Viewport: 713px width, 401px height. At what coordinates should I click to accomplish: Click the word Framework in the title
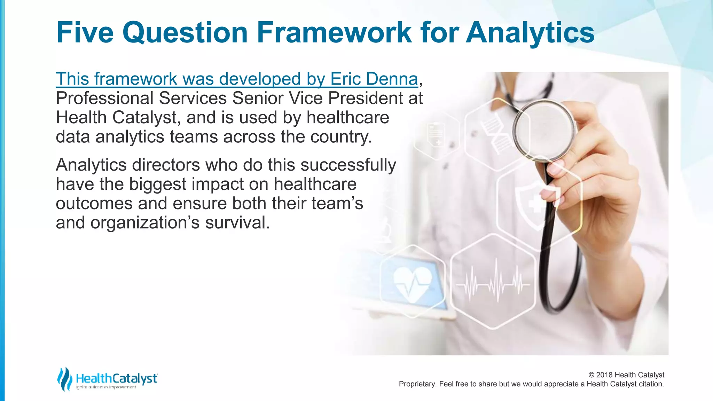(x=334, y=32)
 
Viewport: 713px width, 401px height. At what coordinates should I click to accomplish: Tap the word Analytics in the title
(x=530, y=32)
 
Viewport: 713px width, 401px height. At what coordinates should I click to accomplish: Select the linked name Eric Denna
(x=374, y=79)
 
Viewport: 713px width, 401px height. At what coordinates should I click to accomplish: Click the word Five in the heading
(x=85, y=32)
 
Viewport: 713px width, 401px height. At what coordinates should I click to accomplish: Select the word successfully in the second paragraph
(x=348, y=165)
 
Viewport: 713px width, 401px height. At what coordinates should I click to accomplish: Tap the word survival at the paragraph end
(x=237, y=223)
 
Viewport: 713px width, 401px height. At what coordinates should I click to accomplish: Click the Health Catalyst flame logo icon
(x=65, y=379)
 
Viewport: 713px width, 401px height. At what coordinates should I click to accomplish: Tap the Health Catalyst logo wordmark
(x=117, y=378)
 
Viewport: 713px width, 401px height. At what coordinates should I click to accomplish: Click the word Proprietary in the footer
(x=416, y=384)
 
